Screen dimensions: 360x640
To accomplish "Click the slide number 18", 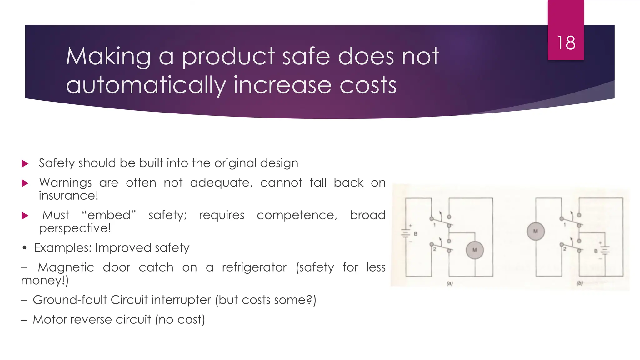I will click(566, 43).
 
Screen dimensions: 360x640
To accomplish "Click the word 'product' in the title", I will click(228, 57).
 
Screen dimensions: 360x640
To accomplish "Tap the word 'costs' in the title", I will click(368, 85).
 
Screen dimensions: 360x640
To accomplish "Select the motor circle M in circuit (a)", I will click(475, 250).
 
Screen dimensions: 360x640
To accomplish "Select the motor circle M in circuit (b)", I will click(536, 232).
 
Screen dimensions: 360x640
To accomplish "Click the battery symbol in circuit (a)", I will click(406, 233).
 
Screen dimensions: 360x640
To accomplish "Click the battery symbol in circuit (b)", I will click(605, 251).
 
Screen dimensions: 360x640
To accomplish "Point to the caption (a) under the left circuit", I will click(450, 283).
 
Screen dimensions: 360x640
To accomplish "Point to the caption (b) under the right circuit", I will click(580, 283).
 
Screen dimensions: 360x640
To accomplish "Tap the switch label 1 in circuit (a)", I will click(434, 225).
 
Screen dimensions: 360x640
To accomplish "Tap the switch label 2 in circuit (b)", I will click(565, 249).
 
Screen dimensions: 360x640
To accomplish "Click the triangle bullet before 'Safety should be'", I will click(25, 163).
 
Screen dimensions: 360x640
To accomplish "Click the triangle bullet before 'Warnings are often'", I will click(25, 183).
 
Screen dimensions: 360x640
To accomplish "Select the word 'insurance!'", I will click(69, 196).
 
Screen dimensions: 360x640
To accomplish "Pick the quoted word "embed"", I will click(109, 215).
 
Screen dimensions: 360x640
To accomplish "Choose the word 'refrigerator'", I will click(254, 267).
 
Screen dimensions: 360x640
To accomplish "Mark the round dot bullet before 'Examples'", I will click(25, 248).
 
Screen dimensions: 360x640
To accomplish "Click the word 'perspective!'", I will click(75, 228).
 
